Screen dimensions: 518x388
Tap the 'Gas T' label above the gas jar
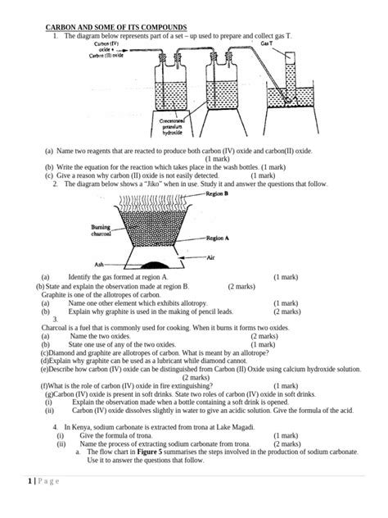(267, 47)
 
